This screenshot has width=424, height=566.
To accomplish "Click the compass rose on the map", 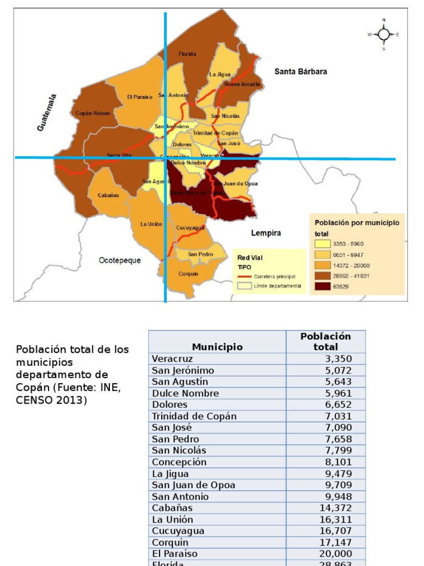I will [384, 34].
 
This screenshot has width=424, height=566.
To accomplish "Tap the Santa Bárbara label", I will [301, 71].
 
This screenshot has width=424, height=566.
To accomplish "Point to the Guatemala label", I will [47, 112].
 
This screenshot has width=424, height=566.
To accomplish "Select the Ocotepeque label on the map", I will [120, 260].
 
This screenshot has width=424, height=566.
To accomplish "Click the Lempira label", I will [266, 233].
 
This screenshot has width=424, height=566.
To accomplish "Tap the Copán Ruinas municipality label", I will [93, 113].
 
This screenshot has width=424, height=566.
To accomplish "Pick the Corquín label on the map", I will [188, 274].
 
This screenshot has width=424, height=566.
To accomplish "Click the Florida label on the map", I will [187, 54].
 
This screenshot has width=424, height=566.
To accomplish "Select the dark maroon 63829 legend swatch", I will [323, 286].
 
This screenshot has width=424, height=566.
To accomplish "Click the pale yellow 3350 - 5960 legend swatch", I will [323, 244].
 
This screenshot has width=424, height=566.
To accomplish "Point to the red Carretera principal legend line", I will [244, 276].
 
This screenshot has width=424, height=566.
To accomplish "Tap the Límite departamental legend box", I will [244, 286].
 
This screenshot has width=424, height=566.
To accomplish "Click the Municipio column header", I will [217, 347].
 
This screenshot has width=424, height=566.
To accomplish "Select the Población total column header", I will [325, 342].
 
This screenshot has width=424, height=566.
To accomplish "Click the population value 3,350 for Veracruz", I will [338, 359].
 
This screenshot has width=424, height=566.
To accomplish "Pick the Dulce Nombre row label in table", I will [185, 394].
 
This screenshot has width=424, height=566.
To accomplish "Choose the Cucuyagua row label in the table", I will [178, 531].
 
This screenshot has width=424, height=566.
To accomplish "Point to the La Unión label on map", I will [151, 224].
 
